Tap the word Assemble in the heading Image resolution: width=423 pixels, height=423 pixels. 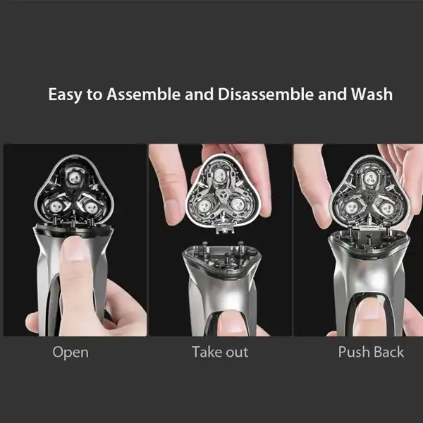[x=143, y=94]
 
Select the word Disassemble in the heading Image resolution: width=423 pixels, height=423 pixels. [x=266, y=94]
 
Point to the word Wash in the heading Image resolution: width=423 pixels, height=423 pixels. [x=372, y=94]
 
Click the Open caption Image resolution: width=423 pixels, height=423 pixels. [x=70, y=352]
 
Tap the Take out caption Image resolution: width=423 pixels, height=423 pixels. [x=220, y=352]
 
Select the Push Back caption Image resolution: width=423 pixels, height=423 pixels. [x=371, y=352]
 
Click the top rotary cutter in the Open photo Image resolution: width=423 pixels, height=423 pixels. [x=75, y=178]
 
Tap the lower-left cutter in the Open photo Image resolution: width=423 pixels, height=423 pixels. [x=56, y=207]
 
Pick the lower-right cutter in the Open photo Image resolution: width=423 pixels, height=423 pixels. [x=91, y=207]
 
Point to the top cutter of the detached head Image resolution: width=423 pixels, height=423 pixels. [x=220, y=177]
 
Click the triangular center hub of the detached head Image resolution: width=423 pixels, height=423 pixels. [x=223, y=195]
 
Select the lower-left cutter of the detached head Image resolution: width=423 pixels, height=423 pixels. [x=204, y=207]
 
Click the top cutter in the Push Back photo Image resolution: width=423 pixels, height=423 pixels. [x=370, y=178]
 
